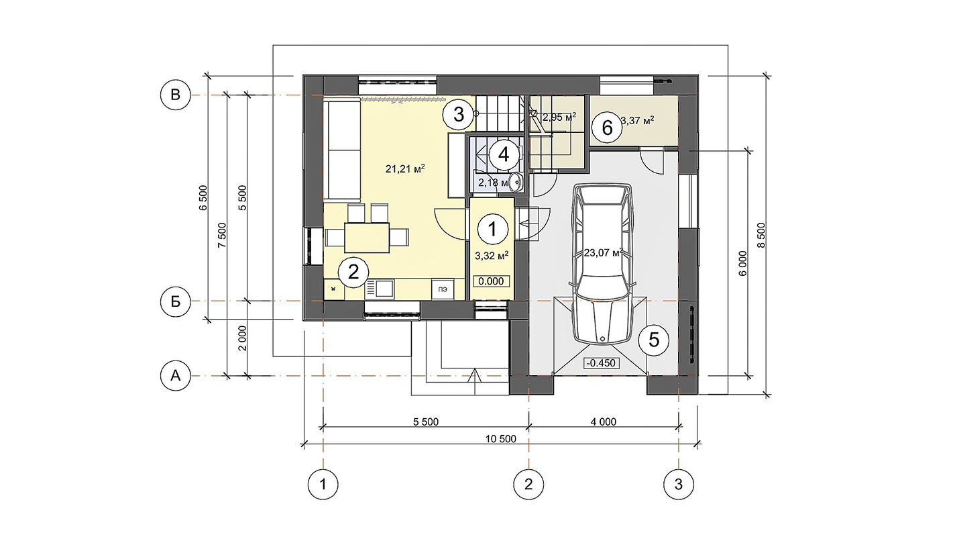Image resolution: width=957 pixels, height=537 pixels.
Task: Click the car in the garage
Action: click(602, 264)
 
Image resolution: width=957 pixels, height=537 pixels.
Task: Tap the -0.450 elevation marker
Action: click(601, 363)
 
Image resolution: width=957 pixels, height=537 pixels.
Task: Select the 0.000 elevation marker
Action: click(491, 281)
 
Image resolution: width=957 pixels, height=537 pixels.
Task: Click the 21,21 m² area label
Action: click(405, 169)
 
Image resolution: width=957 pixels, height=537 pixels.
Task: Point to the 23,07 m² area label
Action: click(604, 252)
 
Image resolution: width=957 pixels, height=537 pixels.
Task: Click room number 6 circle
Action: click(607, 128)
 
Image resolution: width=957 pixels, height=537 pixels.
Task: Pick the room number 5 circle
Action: click(654, 340)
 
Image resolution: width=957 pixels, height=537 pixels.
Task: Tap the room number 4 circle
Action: click(504, 154)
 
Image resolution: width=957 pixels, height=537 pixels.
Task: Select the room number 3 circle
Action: click(459, 114)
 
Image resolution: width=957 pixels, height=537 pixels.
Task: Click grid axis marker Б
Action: click(175, 301)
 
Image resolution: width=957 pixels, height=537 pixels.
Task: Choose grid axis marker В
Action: click(175, 95)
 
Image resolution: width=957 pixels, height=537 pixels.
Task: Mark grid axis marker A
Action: click(175, 375)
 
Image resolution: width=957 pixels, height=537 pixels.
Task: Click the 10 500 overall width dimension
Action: click(501, 439)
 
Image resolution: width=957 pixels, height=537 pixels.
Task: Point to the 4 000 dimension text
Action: click(604, 422)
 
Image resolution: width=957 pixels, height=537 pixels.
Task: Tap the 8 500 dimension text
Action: click(761, 236)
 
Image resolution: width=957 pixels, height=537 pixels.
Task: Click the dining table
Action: click(367, 238)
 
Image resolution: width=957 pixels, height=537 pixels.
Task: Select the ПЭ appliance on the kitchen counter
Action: click(442, 289)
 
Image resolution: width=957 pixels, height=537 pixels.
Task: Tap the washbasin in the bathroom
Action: click(516, 183)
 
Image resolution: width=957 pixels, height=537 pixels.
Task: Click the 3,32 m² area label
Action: click(492, 256)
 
